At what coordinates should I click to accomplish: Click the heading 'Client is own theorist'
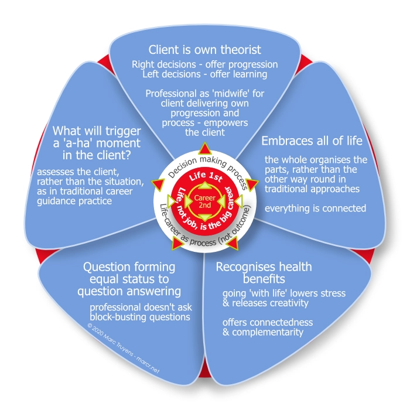(204, 49)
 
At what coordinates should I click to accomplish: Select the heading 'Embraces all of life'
(312, 142)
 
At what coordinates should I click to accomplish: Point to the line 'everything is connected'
(316, 209)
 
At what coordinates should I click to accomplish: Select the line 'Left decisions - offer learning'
(204, 74)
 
